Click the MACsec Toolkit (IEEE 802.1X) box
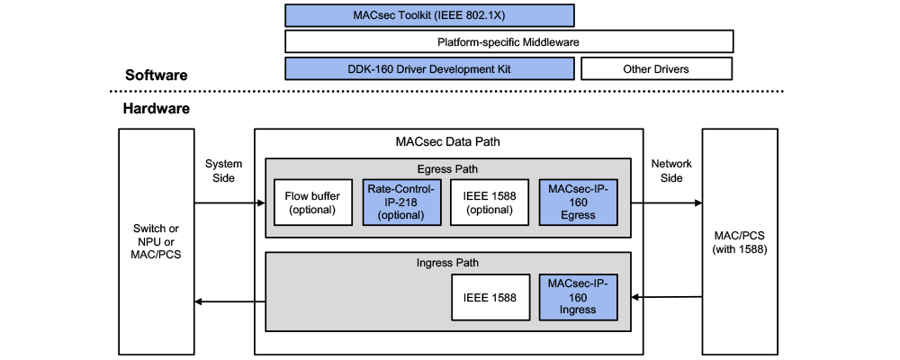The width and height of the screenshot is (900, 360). pyautogui.click(x=429, y=15)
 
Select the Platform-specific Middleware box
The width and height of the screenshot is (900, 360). pyautogui.click(x=508, y=41)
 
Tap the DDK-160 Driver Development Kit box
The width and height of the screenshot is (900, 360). pyautogui.click(x=429, y=68)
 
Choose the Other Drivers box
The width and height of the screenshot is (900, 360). pyautogui.click(x=656, y=68)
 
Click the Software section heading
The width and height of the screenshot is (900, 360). pyautogui.click(x=156, y=76)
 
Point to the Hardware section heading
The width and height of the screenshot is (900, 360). pyautogui.click(x=156, y=109)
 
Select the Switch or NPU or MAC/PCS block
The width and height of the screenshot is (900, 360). pyautogui.click(x=157, y=240)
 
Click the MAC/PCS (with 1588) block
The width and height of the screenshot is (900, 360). pyautogui.click(x=739, y=240)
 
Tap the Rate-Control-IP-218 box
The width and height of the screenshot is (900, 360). pyautogui.click(x=400, y=202)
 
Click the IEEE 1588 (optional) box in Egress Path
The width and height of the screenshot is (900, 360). pyautogui.click(x=490, y=202)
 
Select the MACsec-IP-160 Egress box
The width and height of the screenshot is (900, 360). pyautogui.click(x=578, y=202)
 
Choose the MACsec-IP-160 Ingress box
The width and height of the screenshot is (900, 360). pyautogui.click(x=578, y=296)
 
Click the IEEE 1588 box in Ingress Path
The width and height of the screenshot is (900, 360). pyautogui.click(x=490, y=296)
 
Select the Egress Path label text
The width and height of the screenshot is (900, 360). pyautogui.click(x=447, y=168)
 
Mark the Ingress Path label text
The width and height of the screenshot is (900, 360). pyautogui.click(x=447, y=263)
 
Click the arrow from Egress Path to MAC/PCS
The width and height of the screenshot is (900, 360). pyautogui.click(x=666, y=203)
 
